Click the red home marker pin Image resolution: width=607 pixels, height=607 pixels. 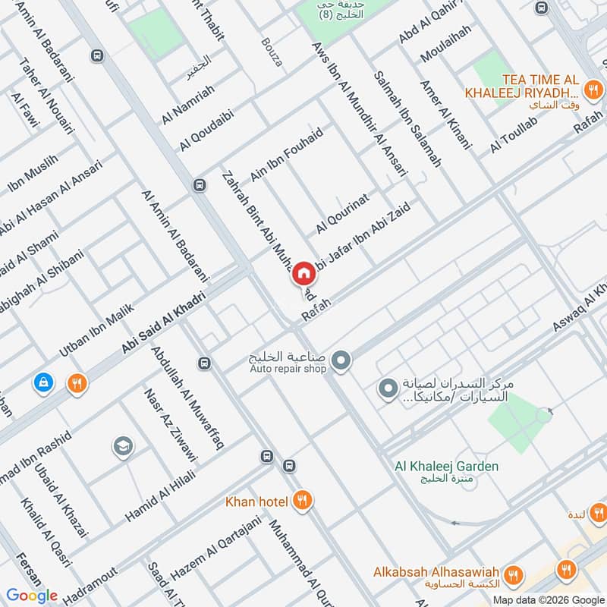tap(303, 273)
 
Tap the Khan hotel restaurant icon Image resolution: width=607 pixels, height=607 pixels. tap(303, 500)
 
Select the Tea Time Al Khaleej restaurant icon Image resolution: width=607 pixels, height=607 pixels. tap(593, 93)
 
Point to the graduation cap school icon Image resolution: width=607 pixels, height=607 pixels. tap(121, 447)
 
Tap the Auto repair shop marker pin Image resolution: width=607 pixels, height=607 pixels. tap(341, 360)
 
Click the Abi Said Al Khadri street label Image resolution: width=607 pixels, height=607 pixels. tap(163, 322)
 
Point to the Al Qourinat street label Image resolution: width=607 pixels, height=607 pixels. tap(342, 214)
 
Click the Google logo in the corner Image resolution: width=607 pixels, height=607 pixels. tap(32, 596)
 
